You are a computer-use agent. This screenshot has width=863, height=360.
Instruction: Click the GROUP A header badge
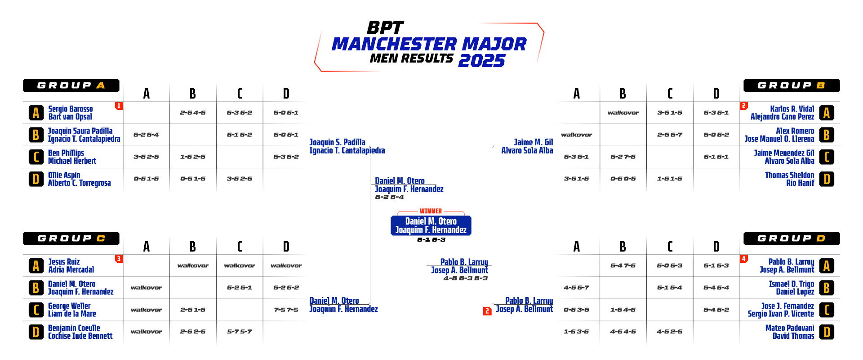(71, 85)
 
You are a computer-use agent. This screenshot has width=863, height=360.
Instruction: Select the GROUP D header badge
(791, 238)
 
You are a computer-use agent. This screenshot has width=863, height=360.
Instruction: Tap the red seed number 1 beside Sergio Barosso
(119, 106)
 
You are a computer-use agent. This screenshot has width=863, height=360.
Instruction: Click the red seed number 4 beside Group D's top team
(744, 259)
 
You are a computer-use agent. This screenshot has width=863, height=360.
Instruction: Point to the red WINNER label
(431, 211)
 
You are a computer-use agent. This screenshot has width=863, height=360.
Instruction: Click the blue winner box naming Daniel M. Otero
(431, 225)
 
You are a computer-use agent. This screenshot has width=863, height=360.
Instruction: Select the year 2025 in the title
(481, 61)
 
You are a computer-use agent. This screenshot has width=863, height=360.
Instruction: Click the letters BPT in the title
(385, 28)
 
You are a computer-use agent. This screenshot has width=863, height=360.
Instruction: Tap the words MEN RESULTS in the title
(411, 58)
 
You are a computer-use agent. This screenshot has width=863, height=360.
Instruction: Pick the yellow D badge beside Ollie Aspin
(36, 179)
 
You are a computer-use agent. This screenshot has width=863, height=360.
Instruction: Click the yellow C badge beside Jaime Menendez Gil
(826, 157)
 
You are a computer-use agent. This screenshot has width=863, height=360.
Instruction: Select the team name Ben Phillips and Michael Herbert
(72, 157)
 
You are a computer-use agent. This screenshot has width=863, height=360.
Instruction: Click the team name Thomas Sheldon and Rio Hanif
(789, 179)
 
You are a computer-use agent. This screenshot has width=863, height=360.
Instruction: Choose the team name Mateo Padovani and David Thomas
(789, 332)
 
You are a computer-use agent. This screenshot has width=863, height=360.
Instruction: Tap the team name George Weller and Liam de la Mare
(72, 310)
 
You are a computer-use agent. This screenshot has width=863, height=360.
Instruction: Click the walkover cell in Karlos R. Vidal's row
(623, 112)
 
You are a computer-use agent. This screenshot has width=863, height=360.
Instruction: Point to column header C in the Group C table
(240, 247)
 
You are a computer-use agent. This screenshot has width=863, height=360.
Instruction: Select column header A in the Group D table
(577, 247)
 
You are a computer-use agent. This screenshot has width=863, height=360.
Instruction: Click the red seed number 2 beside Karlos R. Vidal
(744, 106)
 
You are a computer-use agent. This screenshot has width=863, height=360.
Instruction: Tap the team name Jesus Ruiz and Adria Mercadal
(71, 266)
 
